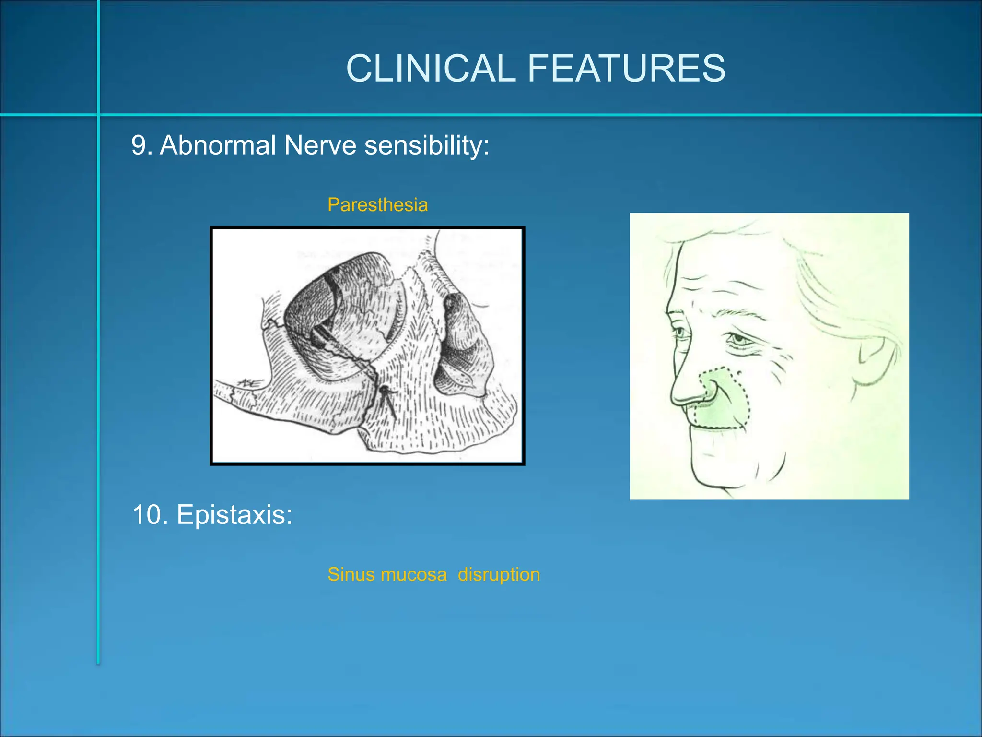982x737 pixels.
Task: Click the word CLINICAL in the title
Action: point(430,68)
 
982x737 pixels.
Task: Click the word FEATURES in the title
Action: point(626,68)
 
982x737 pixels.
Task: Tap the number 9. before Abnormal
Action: point(141,145)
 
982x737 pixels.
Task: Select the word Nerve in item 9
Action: point(320,145)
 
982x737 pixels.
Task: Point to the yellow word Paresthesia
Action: point(377,205)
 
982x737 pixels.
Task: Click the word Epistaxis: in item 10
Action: point(234,515)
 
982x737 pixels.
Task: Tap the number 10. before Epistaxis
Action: point(150,515)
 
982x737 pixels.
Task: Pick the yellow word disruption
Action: point(499,574)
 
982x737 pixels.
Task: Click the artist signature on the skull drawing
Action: point(250,383)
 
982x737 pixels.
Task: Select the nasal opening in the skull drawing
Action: point(460,345)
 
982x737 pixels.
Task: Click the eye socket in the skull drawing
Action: point(336,317)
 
